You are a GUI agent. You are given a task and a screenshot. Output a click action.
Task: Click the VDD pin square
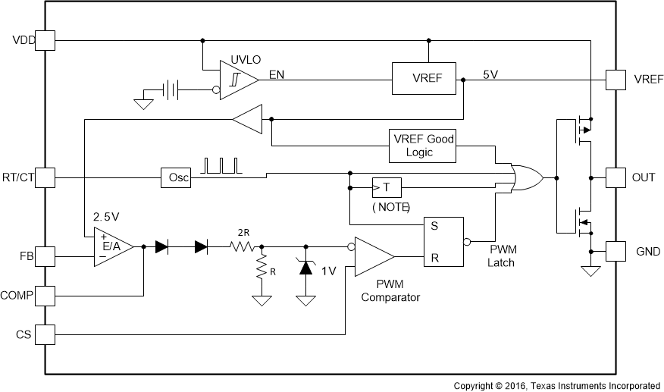(45, 39)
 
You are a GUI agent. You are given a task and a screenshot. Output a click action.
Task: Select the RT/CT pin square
(45, 177)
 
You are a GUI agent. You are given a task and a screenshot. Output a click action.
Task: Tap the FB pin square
(45, 257)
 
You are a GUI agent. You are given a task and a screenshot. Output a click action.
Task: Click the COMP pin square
(45, 295)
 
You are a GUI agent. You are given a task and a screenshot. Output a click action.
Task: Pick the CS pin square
(45, 334)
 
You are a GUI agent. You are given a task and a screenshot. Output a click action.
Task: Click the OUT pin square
(615, 177)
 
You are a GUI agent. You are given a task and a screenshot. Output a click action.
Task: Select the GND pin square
(615, 251)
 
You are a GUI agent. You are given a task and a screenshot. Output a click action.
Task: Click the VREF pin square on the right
(615, 78)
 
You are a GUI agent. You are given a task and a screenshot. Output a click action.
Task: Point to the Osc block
(176, 178)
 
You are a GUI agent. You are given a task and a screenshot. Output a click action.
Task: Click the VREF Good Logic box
(421, 145)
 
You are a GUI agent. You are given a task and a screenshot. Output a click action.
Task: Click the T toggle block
(387, 187)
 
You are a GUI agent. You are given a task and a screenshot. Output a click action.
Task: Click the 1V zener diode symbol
(306, 267)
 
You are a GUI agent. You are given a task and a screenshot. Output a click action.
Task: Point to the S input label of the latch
(434, 225)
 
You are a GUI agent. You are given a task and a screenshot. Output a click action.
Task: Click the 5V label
(490, 74)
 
